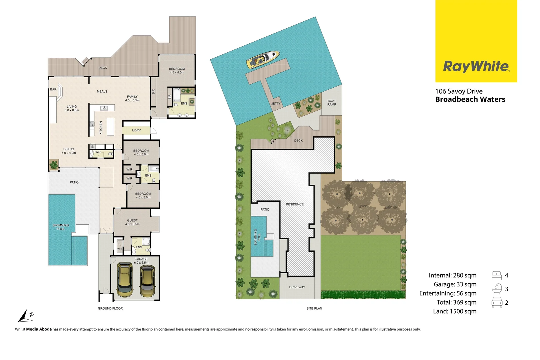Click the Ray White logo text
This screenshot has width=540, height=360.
click(x=476, y=66)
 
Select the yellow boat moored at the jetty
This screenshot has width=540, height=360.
click(x=263, y=59)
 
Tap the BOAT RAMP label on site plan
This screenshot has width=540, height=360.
click(x=331, y=103)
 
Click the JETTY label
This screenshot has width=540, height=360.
click(x=276, y=104)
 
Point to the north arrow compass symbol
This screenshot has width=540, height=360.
click(x=26, y=316)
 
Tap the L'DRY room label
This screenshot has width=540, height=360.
click(x=136, y=130)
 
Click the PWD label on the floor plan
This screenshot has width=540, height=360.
click(x=97, y=152)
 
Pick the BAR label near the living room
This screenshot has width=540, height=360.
click(x=53, y=89)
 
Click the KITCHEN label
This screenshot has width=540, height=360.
click(x=101, y=128)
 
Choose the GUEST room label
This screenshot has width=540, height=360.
click(x=132, y=220)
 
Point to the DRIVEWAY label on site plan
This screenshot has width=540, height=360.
click(x=297, y=287)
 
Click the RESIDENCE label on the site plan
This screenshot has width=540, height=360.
click(x=294, y=204)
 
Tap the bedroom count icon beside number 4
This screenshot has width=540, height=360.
click(x=496, y=275)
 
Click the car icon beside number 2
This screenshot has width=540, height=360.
click(x=497, y=302)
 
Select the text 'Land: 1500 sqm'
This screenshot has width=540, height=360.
click(x=455, y=311)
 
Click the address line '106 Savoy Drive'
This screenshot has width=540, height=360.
click(x=459, y=91)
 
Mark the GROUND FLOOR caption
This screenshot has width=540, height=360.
click(x=110, y=308)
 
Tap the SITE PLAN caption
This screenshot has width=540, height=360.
click(x=314, y=308)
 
